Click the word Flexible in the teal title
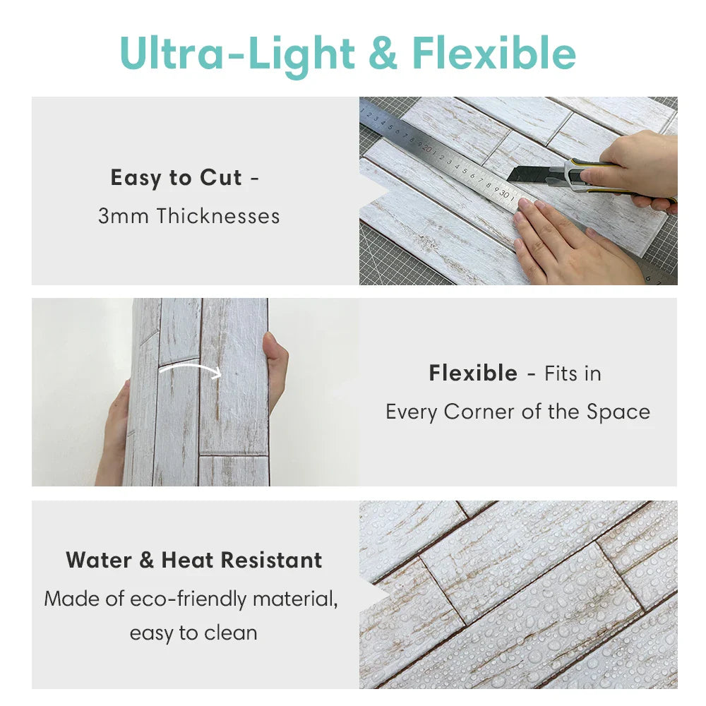(x=494, y=53)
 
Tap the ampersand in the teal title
(x=383, y=53)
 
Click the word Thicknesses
(x=218, y=216)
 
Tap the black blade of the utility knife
(x=527, y=174)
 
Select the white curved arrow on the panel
(x=190, y=370)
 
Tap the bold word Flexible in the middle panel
(x=473, y=373)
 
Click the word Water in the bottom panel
(x=99, y=561)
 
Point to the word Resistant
(x=272, y=561)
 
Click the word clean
(x=231, y=633)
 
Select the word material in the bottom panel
(x=294, y=599)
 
